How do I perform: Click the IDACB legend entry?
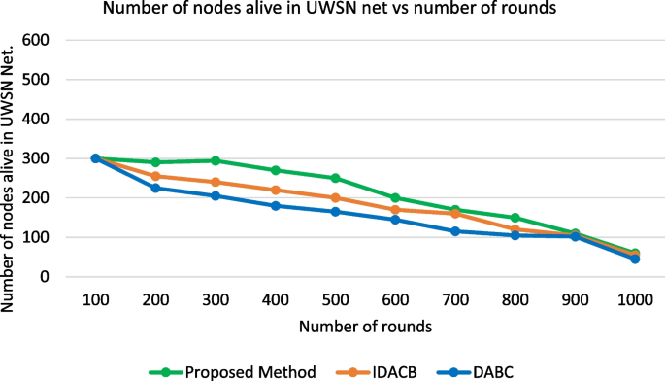[x=382, y=370]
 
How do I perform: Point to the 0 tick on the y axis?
[x=45, y=277]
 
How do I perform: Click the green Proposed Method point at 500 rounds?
[x=335, y=178]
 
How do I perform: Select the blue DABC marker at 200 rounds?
[x=155, y=188]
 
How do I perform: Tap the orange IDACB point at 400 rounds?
[x=275, y=190]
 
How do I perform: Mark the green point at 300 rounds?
[x=216, y=160]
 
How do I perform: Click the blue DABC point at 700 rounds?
[x=454, y=231]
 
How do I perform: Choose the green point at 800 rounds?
[x=515, y=218]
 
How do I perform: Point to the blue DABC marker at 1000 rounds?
[x=635, y=260]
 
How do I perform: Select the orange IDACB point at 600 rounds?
[x=395, y=210]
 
